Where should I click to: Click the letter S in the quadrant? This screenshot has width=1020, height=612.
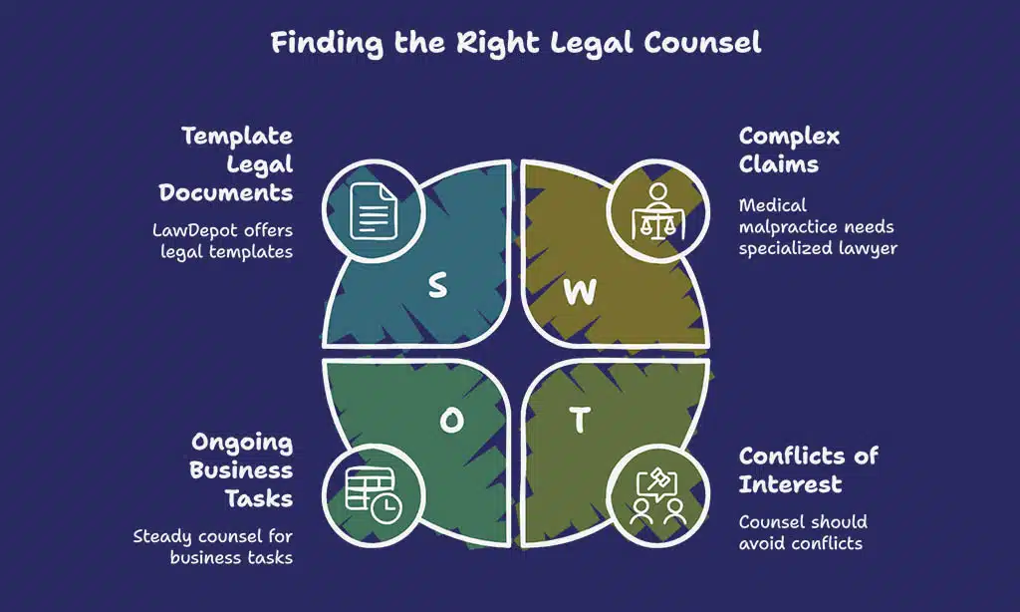tap(437, 286)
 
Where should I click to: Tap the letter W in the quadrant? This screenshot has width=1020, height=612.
tap(580, 292)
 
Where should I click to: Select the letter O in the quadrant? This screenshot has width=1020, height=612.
tap(451, 422)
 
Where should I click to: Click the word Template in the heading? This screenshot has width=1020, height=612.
tap(237, 137)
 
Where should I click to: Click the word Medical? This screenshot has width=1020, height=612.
tap(772, 205)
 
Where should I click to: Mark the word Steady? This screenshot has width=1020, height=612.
tap(165, 536)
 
